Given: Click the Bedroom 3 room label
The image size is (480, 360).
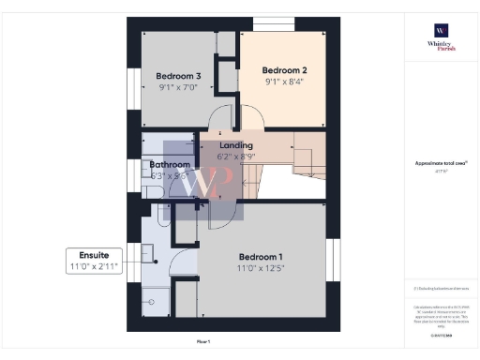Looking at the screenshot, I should pos(178,76).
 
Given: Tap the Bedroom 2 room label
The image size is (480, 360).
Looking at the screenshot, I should pos(284,69).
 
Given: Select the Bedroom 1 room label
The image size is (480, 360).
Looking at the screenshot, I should pos(260,257).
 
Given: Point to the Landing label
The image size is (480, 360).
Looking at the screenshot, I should pos(235,146).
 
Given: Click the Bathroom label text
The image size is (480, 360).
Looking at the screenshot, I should pos(170,164).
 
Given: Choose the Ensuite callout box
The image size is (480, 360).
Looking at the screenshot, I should pos(94,260).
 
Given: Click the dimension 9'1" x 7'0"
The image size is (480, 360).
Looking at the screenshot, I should pos(178,87).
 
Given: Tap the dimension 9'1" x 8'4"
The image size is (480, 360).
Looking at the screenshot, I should pos(284,81).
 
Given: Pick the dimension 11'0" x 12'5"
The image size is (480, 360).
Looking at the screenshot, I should pos(260,268).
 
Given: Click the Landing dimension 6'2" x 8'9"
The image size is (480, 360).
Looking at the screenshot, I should pos(235,157).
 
